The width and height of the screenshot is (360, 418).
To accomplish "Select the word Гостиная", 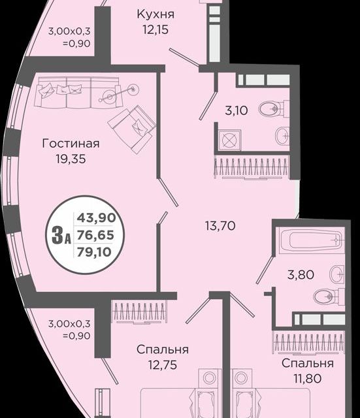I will point(71,144).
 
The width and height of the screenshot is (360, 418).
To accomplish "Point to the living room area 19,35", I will point(71,158).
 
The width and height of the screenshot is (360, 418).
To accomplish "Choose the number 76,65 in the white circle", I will point(92,234).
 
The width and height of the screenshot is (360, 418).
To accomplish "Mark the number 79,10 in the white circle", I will point(92,250).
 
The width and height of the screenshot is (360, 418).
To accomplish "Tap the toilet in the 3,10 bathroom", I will point(270,108).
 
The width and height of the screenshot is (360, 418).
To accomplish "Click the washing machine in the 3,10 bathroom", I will point(229,141).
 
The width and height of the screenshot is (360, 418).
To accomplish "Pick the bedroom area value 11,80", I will point(307,378).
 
